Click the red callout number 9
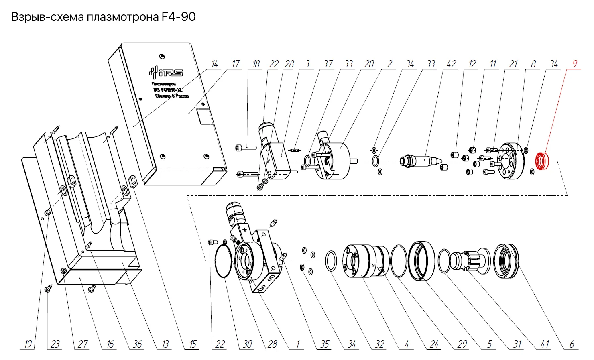point(575,64)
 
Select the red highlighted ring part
point(543,161)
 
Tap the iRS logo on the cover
point(166,72)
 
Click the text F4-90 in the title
point(179,17)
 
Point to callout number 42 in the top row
point(451,64)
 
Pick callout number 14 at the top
point(215,64)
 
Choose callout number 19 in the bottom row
point(28,344)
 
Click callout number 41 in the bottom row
point(545,344)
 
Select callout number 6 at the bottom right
point(572,344)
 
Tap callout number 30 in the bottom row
point(248,344)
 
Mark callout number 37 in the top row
point(328,64)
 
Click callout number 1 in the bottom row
point(298,344)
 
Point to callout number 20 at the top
point(369,64)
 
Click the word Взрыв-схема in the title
point(47,17)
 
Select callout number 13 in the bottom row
point(165,344)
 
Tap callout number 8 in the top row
point(533,64)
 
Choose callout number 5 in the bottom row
point(490,344)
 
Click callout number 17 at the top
point(236,64)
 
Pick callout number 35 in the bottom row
point(325,344)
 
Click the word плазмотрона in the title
point(122,17)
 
